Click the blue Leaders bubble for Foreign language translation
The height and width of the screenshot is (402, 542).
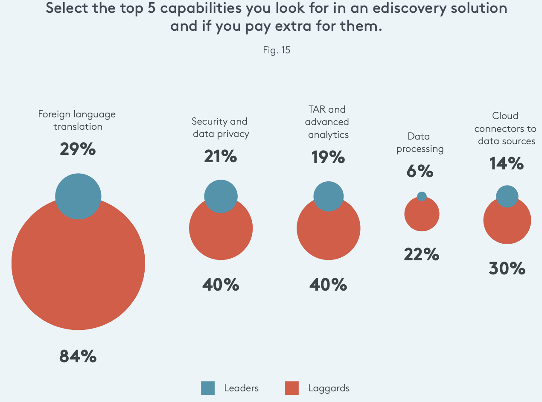pos(78,196)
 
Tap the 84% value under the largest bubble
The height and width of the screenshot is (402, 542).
pos(78,356)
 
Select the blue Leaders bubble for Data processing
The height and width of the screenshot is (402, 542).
pos(422,196)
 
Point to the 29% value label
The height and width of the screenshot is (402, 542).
pos(78,149)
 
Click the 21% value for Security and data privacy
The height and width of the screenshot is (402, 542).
pos(220,157)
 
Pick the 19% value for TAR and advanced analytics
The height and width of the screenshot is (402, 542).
pos(328,157)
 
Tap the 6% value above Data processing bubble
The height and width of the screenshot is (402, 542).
pos(420,171)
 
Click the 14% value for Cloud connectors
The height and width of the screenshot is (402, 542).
pos(507,163)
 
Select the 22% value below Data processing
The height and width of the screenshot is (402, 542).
pos(421,255)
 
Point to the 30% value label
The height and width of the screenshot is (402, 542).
pos(507,268)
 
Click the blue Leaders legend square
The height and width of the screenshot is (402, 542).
pos(208,388)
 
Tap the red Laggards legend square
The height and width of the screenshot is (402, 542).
pos(291,388)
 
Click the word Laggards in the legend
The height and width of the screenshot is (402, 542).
pos(329,388)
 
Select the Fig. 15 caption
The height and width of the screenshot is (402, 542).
pos(277,50)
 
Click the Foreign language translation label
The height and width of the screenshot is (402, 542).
pos(77,120)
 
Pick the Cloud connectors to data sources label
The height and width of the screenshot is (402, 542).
pos(505,128)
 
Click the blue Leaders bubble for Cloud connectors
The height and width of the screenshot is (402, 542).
pos(507,196)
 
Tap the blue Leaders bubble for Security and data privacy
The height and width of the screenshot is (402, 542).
pos(221,196)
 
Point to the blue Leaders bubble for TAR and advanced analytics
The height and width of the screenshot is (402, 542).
pos(328,196)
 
